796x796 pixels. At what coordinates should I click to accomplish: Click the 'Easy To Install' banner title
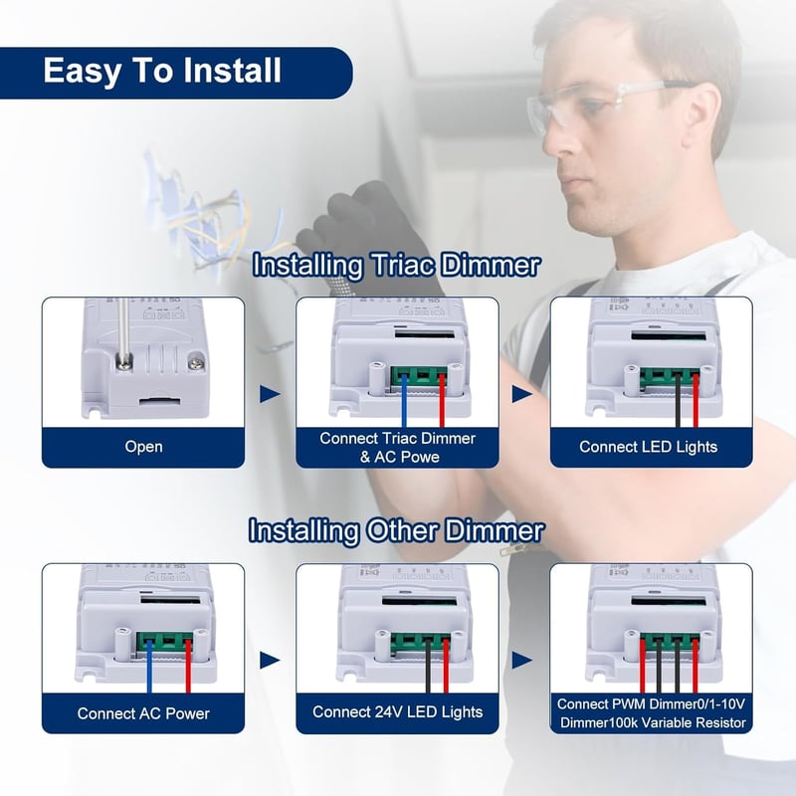click(x=162, y=71)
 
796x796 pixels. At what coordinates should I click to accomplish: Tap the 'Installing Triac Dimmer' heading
click(x=396, y=265)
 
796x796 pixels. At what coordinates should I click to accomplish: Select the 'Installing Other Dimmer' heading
click(x=396, y=531)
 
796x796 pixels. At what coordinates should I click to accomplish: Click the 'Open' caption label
click(x=143, y=447)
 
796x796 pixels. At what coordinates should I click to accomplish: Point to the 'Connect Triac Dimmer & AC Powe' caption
click(x=397, y=447)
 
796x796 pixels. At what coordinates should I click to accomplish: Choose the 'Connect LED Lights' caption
click(x=649, y=447)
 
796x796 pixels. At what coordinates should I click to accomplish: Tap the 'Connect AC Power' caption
click(x=143, y=713)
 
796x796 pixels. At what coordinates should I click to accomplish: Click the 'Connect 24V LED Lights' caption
click(x=397, y=712)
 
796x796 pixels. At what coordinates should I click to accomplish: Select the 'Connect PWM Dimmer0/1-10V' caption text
click(x=651, y=704)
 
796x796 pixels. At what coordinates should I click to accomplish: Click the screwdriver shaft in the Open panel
click(x=123, y=330)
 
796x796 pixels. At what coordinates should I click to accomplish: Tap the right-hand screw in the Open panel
click(x=195, y=363)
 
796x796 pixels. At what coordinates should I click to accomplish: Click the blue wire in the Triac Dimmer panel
click(x=404, y=401)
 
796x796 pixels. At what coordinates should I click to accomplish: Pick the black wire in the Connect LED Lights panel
click(x=678, y=401)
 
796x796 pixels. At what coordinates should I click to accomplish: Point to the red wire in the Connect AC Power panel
click(x=188, y=667)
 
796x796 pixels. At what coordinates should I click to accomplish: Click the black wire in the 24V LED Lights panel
click(x=428, y=667)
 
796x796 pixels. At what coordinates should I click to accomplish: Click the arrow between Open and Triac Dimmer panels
click(x=270, y=394)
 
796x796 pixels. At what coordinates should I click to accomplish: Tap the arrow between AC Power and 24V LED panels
click(x=270, y=660)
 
